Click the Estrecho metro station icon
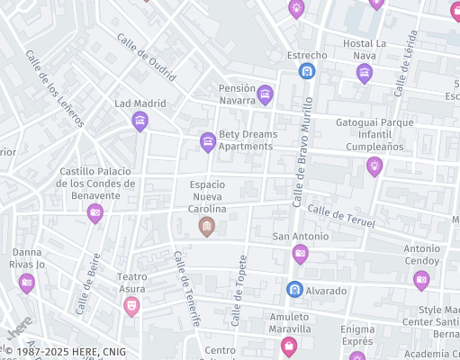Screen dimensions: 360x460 (x=307, y=70)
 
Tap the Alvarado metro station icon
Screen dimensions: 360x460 (x=294, y=290)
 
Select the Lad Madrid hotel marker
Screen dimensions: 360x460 (x=140, y=121)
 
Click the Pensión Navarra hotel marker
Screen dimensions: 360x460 (x=265, y=94)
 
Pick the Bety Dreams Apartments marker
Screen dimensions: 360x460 (x=208, y=141)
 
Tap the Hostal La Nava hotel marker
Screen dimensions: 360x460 (x=364, y=73)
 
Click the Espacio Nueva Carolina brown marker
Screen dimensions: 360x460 (x=206, y=226)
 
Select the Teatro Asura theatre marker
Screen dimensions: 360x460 (x=131, y=306)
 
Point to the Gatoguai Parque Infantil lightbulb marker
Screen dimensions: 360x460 (x=374, y=166)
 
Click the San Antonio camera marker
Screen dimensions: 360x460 (x=301, y=254)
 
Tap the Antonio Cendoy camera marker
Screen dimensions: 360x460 (x=421, y=280)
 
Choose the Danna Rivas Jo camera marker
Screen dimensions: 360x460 (x=27, y=283)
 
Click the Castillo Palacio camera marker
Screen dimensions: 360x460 (x=95, y=212)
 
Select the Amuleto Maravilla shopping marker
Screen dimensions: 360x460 (x=289, y=345)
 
